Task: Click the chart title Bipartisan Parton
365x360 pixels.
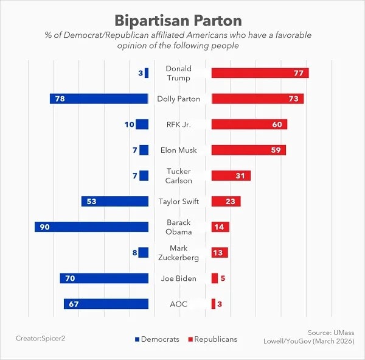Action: (178, 21)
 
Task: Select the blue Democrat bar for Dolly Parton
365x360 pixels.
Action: (99, 99)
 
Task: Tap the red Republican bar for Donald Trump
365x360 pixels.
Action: (260, 73)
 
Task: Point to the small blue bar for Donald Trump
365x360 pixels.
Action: (147, 73)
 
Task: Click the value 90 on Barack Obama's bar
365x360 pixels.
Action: (44, 227)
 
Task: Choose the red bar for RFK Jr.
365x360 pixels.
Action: (249, 124)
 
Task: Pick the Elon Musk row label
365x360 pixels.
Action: (178, 150)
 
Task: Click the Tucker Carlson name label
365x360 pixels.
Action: (178, 176)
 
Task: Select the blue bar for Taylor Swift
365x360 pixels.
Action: (115, 201)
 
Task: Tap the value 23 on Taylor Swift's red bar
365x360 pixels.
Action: (230, 202)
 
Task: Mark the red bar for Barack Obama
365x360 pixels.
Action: (220, 227)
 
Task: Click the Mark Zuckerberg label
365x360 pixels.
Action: (178, 253)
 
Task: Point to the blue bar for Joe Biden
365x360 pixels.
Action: (104, 278)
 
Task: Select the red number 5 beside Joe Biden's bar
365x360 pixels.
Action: (223, 278)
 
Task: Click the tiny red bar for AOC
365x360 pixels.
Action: (214, 304)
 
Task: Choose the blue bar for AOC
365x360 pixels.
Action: (106, 304)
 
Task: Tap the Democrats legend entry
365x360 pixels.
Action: (157, 339)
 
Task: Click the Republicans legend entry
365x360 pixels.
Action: (213, 339)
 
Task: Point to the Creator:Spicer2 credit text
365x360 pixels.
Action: (41, 338)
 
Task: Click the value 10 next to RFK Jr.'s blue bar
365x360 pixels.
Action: (130, 124)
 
